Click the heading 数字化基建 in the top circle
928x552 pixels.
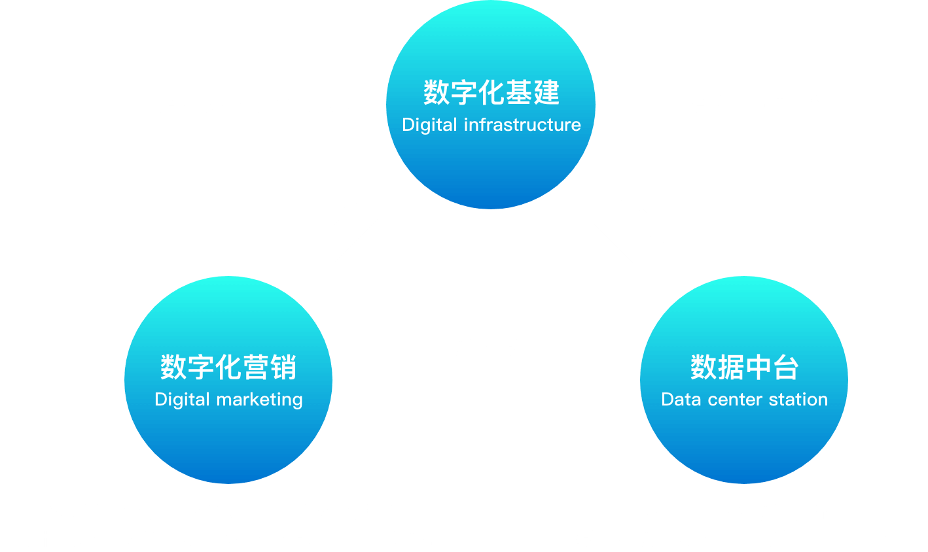[x=491, y=92]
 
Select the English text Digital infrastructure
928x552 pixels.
[x=491, y=125]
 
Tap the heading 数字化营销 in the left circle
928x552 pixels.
[x=228, y=367]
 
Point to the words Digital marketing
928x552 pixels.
[x=228, y=400]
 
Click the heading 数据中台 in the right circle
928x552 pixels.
[x=744, y=367]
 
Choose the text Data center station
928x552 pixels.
[x=744, y=400]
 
